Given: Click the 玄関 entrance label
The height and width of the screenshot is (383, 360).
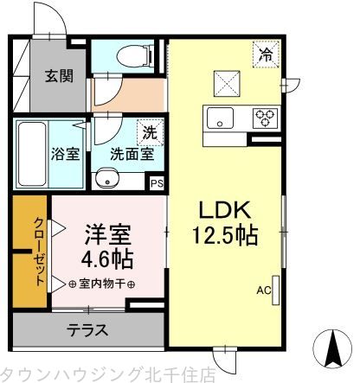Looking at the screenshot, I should point(60,75).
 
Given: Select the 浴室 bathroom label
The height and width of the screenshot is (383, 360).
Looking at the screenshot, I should point(66,155).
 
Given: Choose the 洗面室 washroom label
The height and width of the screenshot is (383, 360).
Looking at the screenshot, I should point(131,155).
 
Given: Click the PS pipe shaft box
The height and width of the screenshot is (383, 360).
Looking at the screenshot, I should point(157,183).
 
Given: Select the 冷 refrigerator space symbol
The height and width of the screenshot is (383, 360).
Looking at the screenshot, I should point(266,54).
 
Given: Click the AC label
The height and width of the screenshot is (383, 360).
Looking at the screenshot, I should point(262,291).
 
